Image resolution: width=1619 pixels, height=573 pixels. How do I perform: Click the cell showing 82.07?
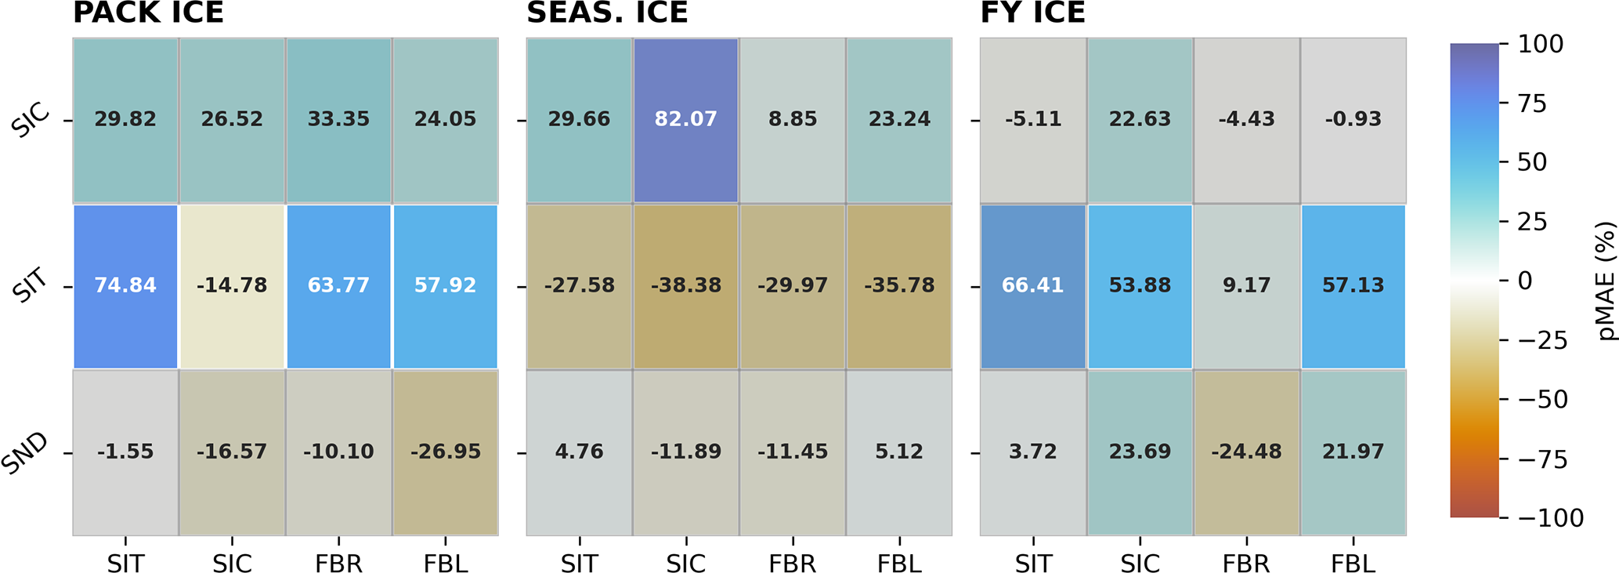(685, 119)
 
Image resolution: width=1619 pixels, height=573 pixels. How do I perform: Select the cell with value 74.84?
(125, 285)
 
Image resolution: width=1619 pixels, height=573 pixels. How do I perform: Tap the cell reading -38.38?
(685, 285)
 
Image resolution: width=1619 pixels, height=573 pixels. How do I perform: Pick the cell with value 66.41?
(1032, 285)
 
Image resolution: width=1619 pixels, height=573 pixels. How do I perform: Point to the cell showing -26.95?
(445, 452)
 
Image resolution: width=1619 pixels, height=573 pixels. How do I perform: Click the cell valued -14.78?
(232, 285)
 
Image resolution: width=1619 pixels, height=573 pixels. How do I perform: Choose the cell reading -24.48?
(1246, 452)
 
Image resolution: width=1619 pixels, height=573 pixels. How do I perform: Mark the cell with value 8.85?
(792, 119)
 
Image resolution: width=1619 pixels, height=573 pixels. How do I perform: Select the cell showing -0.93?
(1353, 119)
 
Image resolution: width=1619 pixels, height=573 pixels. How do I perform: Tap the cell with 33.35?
(338, 119)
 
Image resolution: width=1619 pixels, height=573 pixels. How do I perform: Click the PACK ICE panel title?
(148, 13)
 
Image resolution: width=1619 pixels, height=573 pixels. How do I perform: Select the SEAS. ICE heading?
(607, 13)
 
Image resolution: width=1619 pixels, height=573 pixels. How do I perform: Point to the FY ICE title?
(1032, 13)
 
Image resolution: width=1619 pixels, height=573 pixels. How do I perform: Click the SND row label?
(25, 454)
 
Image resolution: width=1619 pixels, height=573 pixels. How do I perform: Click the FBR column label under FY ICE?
(1246, 563)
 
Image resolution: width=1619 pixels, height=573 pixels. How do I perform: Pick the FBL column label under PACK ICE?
(445, 563)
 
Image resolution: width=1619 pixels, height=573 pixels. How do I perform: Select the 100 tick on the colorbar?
(1540, 44)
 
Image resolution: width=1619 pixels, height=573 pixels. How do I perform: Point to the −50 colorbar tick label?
(1542, 400)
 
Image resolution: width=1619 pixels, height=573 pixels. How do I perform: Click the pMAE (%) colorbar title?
(1606, 281)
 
